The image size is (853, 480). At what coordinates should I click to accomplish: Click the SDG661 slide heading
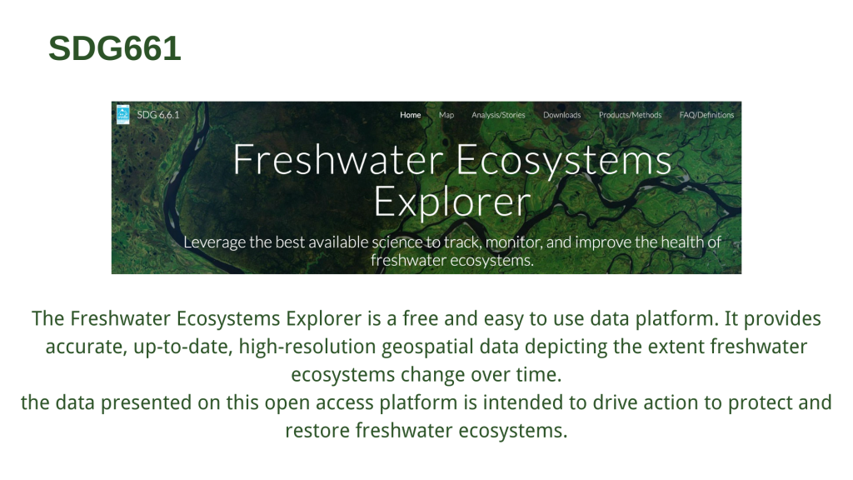[115, 48]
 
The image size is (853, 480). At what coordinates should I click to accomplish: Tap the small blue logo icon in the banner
[123, 114]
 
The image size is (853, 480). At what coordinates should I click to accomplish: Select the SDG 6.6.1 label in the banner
[157, 115]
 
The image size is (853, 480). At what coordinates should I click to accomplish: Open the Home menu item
[410, 115]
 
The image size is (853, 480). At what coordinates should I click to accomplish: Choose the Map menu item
[446, 115]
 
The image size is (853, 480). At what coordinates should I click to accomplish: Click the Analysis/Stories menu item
[498, 115]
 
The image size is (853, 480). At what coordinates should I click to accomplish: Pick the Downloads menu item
[562, 115]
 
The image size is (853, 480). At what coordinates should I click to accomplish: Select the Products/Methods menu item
[630, 115]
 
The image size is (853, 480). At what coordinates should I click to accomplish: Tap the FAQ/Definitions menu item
[706, 115]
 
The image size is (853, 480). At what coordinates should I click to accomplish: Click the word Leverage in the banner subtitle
[214, 242]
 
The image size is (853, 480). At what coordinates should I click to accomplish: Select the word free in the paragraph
[420, 318]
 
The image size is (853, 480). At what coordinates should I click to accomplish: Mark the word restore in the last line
[317, 431]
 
